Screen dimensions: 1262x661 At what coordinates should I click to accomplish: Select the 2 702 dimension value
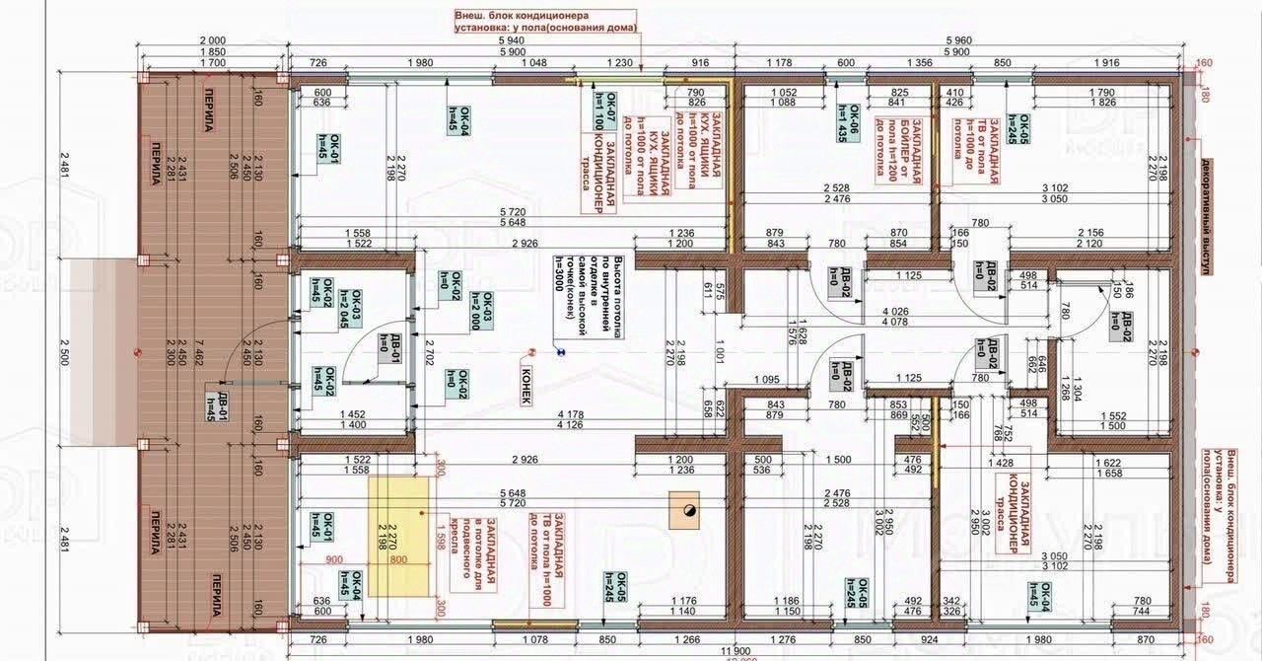(427, 348)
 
